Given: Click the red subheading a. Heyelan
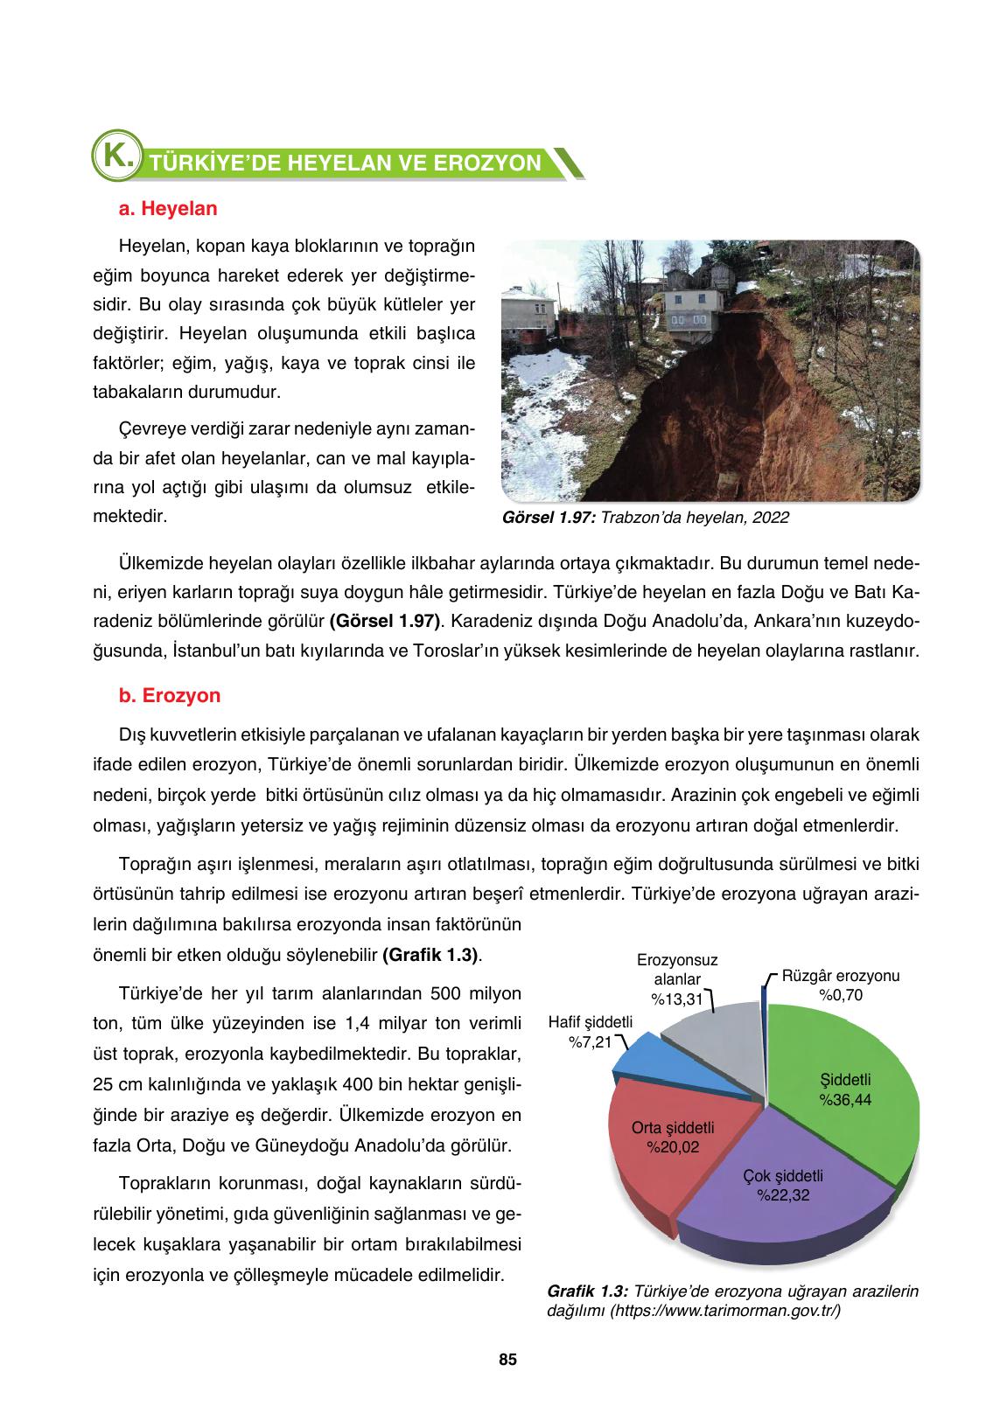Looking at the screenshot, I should [167, 210].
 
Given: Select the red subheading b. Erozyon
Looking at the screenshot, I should [169, 696].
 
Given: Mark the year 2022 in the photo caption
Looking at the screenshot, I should [770, 518].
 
